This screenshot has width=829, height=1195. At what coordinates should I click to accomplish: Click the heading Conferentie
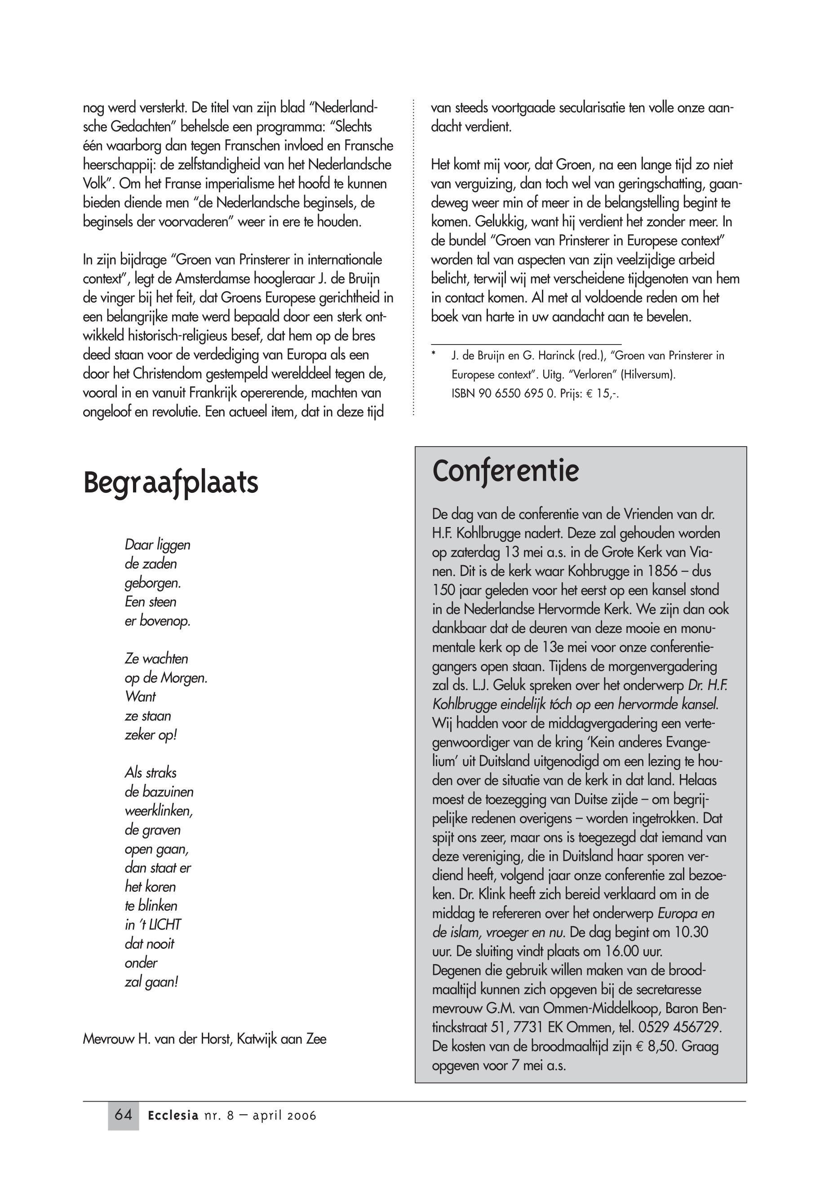click(505, 472)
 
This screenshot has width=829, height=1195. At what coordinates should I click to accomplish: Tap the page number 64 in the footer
click(123, 1115)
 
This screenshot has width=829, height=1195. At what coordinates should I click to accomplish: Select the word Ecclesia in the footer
click(173, 1115)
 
